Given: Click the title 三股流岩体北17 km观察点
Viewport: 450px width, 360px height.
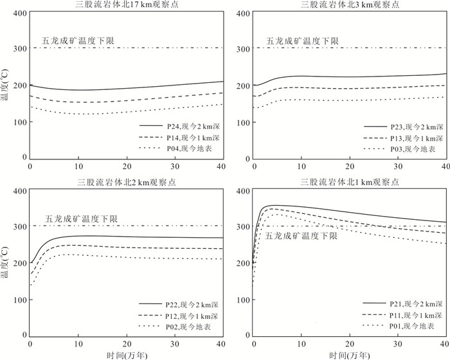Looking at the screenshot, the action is tap(127, 4).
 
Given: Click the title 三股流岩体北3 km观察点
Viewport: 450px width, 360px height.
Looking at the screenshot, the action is tap(350, 4).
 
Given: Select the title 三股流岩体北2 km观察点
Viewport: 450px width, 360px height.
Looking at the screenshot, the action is tap(127, 183).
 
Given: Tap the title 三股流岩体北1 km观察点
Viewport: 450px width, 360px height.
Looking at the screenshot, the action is tap(350, 182).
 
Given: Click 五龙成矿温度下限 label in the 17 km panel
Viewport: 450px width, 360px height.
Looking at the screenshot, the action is tap(78, 40).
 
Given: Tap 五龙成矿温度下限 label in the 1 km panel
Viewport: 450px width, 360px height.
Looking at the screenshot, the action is tap(301, 236).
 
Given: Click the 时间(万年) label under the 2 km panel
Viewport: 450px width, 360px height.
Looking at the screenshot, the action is tap(127, 355).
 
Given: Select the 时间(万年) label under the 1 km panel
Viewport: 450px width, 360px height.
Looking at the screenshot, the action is tap(350, 355).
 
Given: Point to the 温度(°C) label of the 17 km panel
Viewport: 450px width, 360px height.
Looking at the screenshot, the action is tap(5, 85).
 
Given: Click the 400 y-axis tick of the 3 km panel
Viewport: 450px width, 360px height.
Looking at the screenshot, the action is tap(244, 14).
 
